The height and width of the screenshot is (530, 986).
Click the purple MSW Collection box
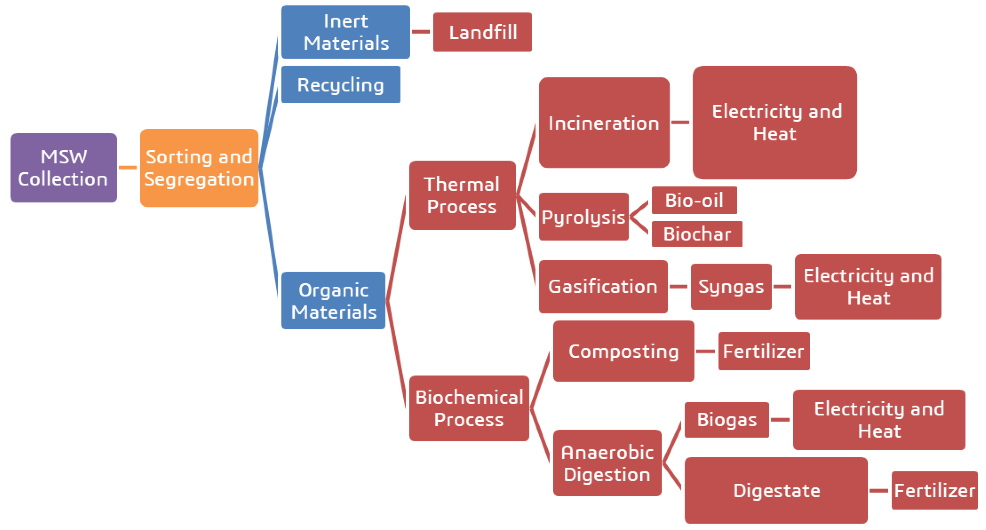click(x=64, y=168)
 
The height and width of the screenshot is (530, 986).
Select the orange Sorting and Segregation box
click(x=199, y=168)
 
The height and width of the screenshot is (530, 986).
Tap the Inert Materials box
click(x=346, y=32)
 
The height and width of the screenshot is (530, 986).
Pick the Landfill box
click(x=482, y=32)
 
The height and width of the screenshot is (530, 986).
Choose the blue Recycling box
click(x=341, y=85)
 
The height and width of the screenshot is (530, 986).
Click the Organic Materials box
click(x=333, y=301)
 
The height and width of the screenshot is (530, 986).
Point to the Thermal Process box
click(x=462, y=195)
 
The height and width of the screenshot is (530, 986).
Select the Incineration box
click(x=604, y=123)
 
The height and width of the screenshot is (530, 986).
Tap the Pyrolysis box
click(x=583, y=217)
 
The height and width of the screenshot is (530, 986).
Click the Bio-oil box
click(x=694, y=200)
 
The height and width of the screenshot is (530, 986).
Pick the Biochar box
click(x=697, y=234)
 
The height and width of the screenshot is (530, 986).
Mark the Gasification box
click(x=603, y=286)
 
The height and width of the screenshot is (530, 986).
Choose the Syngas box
click(x=731, y=286)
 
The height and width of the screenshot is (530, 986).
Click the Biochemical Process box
click(x=469, y=408)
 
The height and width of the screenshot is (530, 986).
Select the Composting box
click(x=624, y=351)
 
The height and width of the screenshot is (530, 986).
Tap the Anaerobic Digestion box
click(x=607, y=463)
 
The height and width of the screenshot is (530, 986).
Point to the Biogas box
click(x=727, y=419)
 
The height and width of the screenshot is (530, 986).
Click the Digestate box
click(x=776, y=490)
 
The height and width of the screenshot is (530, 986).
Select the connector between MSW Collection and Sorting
click(x=128, y=167)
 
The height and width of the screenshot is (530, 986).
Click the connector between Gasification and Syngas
click(x=679, y=286)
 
